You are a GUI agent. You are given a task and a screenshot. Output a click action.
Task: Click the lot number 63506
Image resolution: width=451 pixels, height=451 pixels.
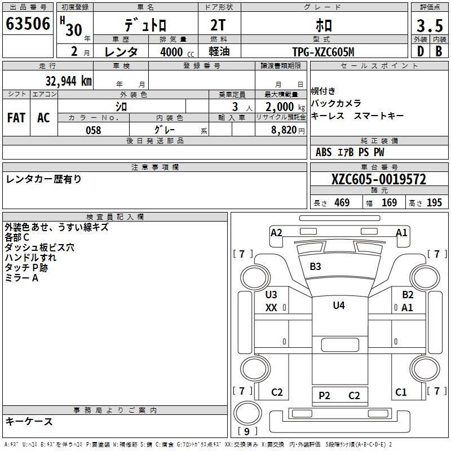click(28, 24)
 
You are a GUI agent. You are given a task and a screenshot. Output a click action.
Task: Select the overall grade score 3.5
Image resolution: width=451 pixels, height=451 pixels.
click(430, 25)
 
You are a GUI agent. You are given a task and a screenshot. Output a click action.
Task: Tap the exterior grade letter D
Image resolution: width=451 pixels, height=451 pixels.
click(421, 51)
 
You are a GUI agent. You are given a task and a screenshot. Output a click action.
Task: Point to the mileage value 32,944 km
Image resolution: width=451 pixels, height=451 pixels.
click(68, 81)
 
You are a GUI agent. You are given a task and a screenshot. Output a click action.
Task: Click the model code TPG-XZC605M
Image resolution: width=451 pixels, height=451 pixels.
click(323, 52)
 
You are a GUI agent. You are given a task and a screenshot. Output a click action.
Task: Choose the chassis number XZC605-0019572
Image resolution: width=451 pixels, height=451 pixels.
click(379, 179)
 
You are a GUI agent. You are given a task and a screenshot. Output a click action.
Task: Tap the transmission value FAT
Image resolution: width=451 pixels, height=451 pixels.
click(16, 118)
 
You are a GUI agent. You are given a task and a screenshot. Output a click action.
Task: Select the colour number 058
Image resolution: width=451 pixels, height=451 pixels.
click(94, 130)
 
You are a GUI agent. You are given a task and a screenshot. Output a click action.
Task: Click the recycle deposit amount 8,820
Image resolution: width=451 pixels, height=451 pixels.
click(284, 130)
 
